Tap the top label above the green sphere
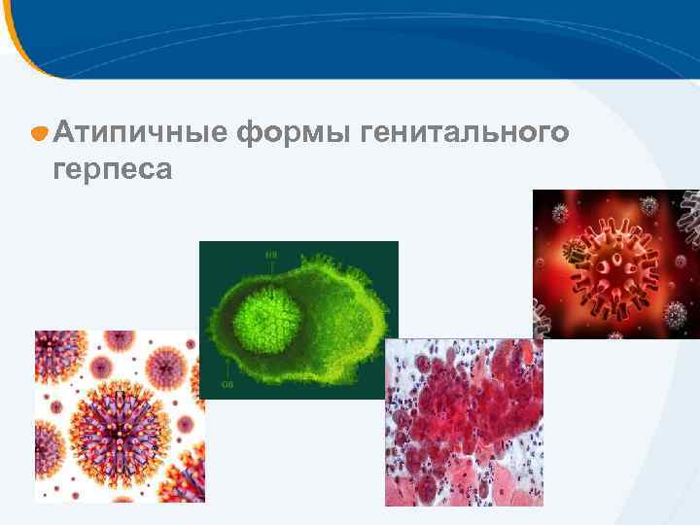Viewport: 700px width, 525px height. point(272,256)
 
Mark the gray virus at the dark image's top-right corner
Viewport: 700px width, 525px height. point(689,216)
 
